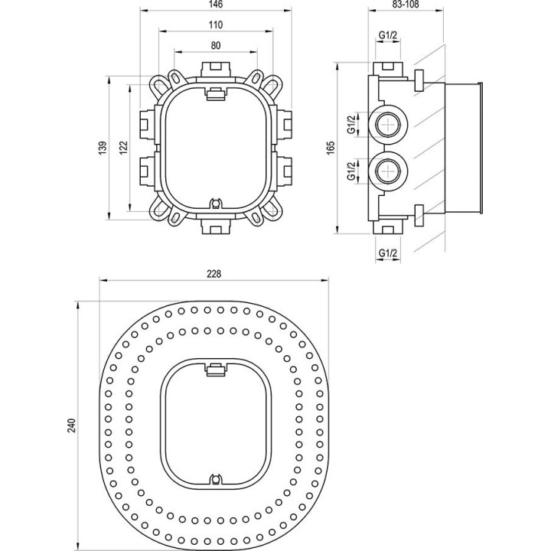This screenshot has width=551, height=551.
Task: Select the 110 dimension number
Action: [215, 25]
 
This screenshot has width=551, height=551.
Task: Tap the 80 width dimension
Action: [216, 46]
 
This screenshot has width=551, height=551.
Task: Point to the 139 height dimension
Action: [103, 148]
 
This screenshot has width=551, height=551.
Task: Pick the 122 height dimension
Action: [123, 148]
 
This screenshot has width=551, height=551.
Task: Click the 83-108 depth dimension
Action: [406, 5]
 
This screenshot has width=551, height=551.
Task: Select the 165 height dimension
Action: [331, 148]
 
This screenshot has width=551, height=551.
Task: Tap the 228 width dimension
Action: [214, 274]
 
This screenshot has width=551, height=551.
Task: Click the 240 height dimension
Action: [72, 425]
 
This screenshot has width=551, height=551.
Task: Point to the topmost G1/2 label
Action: [388, 35]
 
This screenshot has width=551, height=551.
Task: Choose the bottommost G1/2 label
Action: [388, 253]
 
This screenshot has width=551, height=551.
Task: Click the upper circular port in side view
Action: [388, 124]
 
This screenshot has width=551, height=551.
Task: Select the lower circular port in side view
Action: [388, 171]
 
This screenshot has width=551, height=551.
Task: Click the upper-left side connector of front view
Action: [148, 124]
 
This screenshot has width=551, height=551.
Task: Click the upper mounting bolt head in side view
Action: [419, 81]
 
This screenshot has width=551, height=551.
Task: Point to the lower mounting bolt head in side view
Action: [419, 215]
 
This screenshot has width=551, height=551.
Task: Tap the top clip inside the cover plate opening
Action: [216, 370]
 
